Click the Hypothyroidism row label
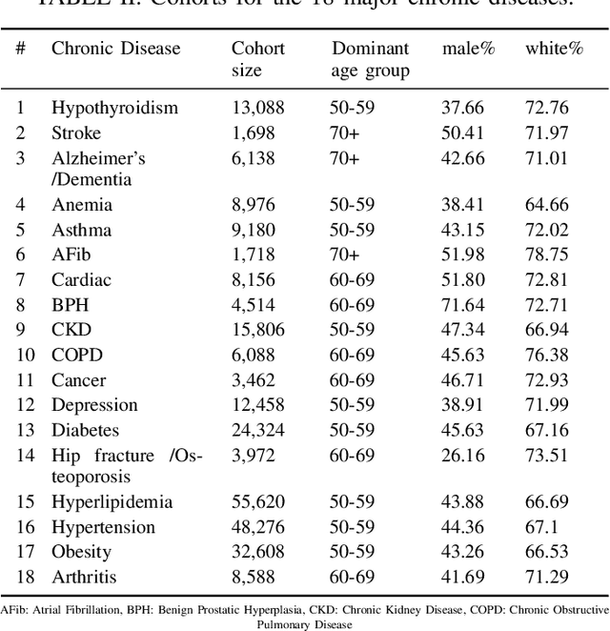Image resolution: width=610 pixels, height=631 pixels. pos(114,108)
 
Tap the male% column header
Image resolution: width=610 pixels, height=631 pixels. pos(468,48)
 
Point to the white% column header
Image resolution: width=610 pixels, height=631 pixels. pos(554,48)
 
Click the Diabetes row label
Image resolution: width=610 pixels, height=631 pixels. pos(86,430)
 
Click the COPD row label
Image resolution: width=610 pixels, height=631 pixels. pos(77,355)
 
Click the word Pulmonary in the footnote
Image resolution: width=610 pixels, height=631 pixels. pos(281,624)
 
